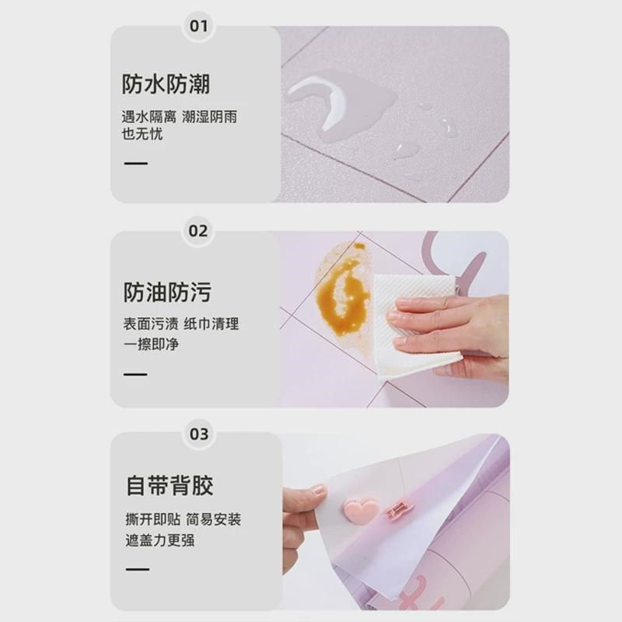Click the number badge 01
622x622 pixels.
199,26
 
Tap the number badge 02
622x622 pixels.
199,231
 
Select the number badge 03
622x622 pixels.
199,433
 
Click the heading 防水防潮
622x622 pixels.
166,84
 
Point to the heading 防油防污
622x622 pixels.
166,292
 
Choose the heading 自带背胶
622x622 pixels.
169,487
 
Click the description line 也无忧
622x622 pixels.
142,135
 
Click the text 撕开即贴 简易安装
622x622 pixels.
183,519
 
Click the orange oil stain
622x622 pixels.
342,295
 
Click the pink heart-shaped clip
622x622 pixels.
361,510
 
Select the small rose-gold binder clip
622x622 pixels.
400,509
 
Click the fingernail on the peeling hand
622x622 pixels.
318,491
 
